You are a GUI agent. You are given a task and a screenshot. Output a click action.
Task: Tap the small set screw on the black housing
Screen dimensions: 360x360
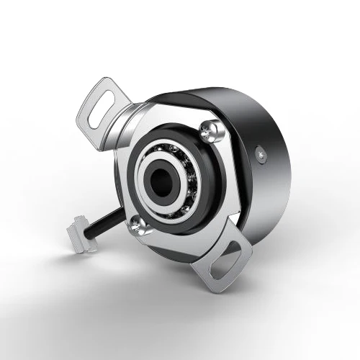261,153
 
